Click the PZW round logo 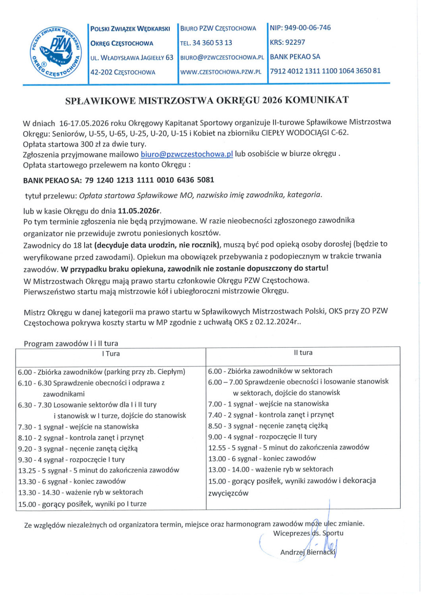tap(55, 52)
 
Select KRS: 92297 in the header tap(288, 42)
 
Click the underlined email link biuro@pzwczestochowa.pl tap(187, 154)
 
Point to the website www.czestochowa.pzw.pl tap(221, 72)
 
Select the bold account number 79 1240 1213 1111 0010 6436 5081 tap(150, 180)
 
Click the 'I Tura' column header tap(110, 354)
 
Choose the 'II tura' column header tap(303, 353)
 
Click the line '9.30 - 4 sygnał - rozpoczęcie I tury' tap(71, 460)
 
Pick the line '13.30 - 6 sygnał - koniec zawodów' tap(72, 482)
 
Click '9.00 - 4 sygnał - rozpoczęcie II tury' tap(263, 437)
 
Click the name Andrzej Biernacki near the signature tap(308, 552)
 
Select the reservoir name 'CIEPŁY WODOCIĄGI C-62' tap(304, 132)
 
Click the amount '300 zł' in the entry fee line tap(82, 143)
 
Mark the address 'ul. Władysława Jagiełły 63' tap(132, 58)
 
